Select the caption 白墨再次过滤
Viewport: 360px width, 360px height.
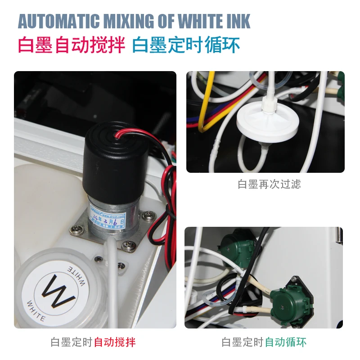pyautogui.click(x=269, y=184)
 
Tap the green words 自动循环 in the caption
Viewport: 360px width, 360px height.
pyautogui.click(x=285, y=342)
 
